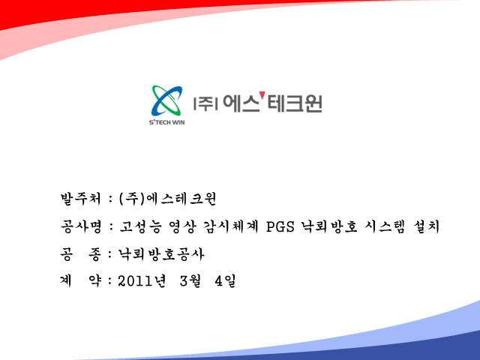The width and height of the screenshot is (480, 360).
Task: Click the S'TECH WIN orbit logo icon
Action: coord(166,100)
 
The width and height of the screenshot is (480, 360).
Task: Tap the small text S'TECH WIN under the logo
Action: coord(166,122)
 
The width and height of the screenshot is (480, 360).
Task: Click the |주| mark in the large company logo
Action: coord(205,103)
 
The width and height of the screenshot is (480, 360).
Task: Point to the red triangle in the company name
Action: coord(262,95)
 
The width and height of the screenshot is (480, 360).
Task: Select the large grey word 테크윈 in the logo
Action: coord(295,103)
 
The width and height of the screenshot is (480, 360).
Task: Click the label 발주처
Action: coord(80,199)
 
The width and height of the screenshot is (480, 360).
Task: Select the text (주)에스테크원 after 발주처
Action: coord(168,199)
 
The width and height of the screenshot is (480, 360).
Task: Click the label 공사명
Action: coord(81,226)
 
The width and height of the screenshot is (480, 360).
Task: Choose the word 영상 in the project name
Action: coord(182,226)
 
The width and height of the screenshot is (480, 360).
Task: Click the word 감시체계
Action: coord(230,226)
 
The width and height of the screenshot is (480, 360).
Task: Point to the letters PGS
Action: coord(280,226)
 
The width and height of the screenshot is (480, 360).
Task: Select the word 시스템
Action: coord(385,226)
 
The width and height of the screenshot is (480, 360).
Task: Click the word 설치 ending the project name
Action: coord(426,226)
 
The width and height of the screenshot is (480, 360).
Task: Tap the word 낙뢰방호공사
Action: coord(161,254)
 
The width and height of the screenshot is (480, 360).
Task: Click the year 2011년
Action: coord(142,281)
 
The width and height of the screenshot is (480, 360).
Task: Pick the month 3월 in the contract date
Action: coord(190,281)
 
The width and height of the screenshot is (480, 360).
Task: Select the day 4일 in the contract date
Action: coord(225,281)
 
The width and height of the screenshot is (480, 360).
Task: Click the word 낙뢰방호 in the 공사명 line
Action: coord(329,226)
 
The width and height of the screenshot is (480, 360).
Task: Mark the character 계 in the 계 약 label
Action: coord(66,281)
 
